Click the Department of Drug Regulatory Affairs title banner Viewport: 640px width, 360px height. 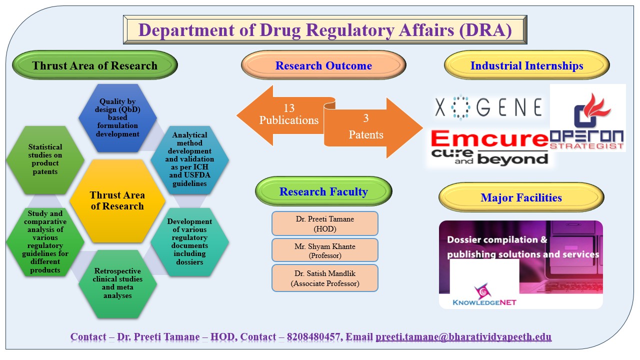pyautogui.click(x=325, y=29)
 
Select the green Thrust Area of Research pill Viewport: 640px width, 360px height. pyautogui.click(x=95, y=65)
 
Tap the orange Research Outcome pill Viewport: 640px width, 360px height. pyautogui.click(x=323, y=65)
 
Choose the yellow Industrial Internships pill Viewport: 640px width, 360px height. pyautogui.click(x=526, y=65)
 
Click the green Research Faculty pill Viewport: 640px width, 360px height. pyautogui.click(x=323, y=191)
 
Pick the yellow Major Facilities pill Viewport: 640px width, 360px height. pyautogui.click(x=521, y=197)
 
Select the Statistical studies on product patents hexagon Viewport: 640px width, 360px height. pyautogui.click(x=45, y=159)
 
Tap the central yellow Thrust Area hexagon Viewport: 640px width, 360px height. pyautogui.click(x=117, y=200)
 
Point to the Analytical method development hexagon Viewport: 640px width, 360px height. pyautogui.click(x=190, y=159)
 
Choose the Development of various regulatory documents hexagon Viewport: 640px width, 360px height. pyautogui.click(x=190, y=241)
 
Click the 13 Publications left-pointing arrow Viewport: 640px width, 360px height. pyautogui.click(x=280, y=115)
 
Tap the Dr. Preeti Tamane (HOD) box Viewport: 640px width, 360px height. pyautogui.click(x=325, y=223)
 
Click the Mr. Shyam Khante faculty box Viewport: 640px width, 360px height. pyautogui.click(x=325, y=250)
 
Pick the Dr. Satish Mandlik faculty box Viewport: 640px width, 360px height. pyautogui.click(x=325, y=278)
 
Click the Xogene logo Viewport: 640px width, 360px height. pyautogui.click(x=488, y=107)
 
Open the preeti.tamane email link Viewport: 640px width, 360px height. pyautogui.click(x=463, y=337)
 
